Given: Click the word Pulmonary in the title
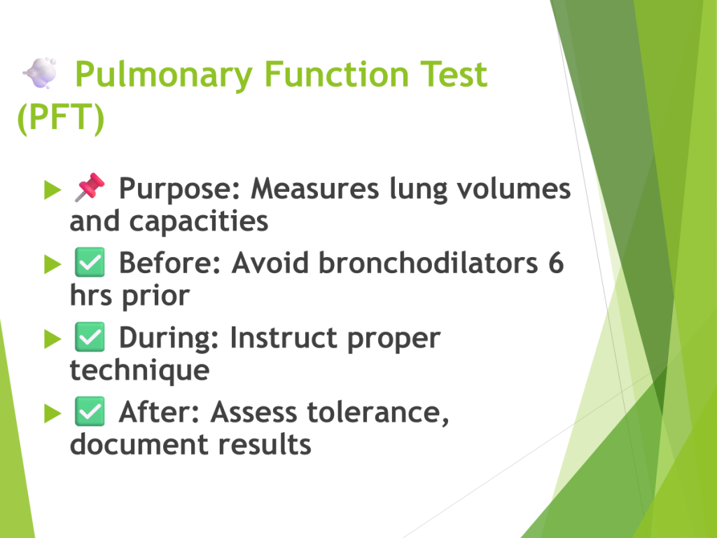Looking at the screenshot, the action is (x=164, y=76).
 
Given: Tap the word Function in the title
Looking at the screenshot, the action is (x=336, y=74).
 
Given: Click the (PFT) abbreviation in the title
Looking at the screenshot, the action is (x=61, y=118).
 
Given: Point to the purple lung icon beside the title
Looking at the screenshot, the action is (x=40, y=73).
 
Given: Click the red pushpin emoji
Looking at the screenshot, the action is (x=90, y=186).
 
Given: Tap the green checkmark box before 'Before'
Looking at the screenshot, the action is (x=90, y=262).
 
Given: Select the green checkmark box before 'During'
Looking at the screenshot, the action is (x=90, y=337).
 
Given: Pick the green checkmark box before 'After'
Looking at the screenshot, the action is (x=90, y=411).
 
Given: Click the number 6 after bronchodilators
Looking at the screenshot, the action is (x=556, y=263).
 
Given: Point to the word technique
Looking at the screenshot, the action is (x=139, y=371).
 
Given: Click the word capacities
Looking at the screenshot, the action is (x=199, y=222).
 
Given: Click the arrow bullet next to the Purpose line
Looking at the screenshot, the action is (x=53, y=190).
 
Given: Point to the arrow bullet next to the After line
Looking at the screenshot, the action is (x=53, y=413).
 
